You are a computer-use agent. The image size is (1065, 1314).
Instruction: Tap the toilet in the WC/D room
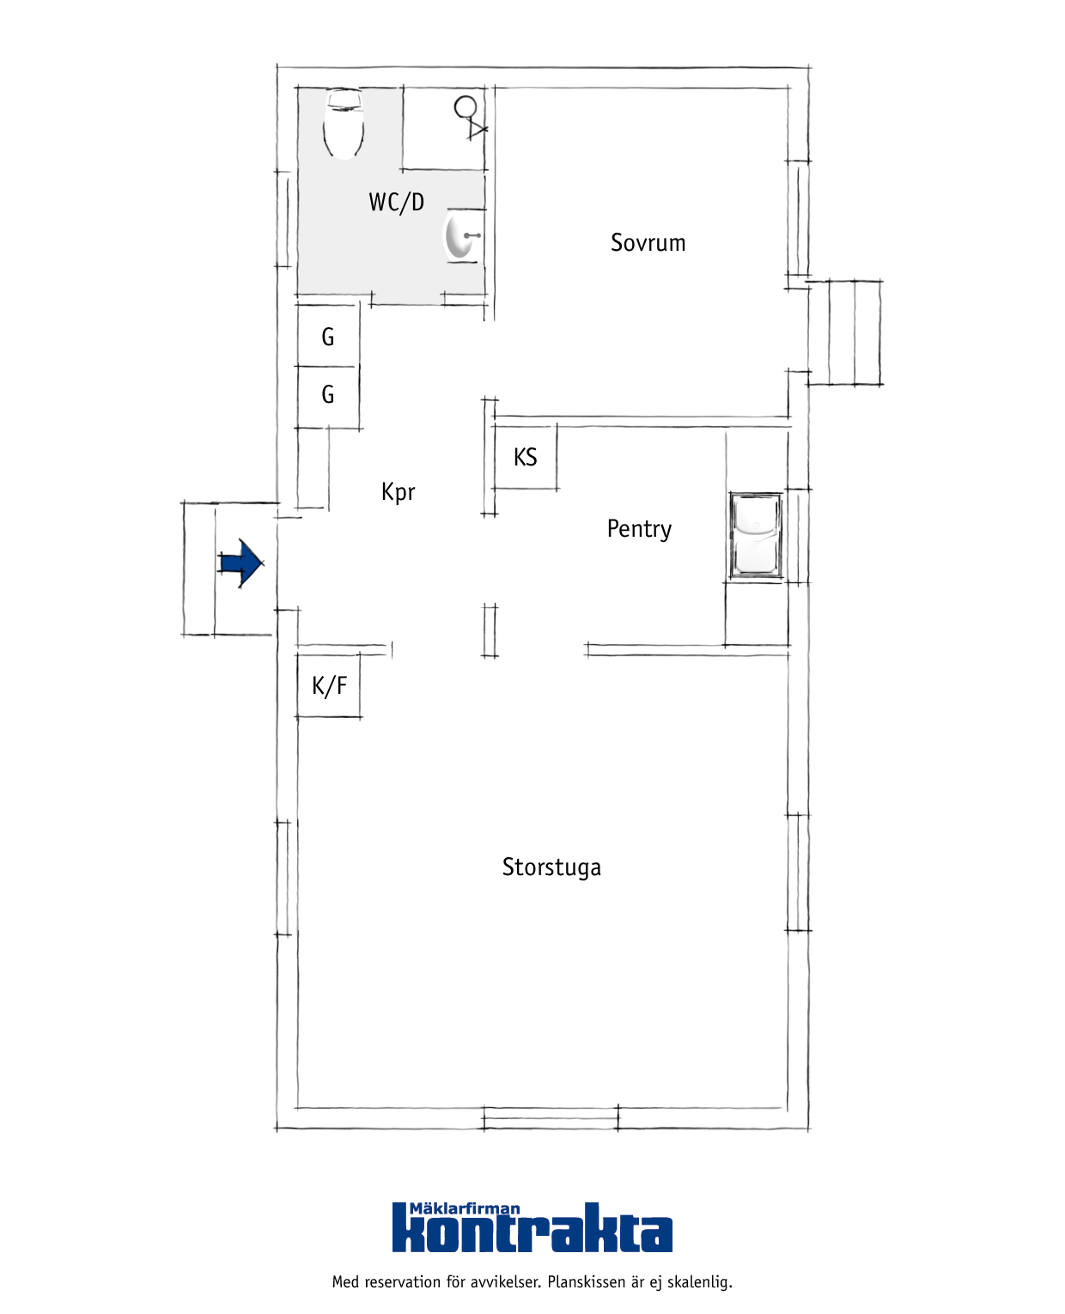tap(343, 124)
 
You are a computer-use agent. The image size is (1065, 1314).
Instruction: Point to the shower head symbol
tap(470, 117)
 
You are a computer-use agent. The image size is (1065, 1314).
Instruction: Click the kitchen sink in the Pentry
tap(755, 535)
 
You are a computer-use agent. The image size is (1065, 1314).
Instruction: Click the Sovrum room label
tap(648, 242)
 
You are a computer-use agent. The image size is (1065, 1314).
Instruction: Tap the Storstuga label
tap(551, 867)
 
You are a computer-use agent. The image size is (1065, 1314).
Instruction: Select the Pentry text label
tap(639, 529)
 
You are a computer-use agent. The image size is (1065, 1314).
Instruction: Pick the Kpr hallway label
tap(398, 492)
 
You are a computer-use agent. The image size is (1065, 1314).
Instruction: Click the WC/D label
tap(396, 203)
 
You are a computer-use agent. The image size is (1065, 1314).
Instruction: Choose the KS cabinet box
tap(525, 457)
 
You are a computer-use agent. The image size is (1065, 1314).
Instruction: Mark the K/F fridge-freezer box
tap(328, 685)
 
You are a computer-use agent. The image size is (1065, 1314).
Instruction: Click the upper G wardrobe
tap(327, 336)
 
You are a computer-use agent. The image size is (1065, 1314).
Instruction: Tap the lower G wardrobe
tap(327, 395)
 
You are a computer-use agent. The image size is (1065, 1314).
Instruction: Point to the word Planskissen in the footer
tap(587, 1282)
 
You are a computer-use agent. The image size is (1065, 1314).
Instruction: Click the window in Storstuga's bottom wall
tap(551, 1118)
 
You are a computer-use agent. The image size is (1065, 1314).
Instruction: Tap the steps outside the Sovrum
tap(844, 332)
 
